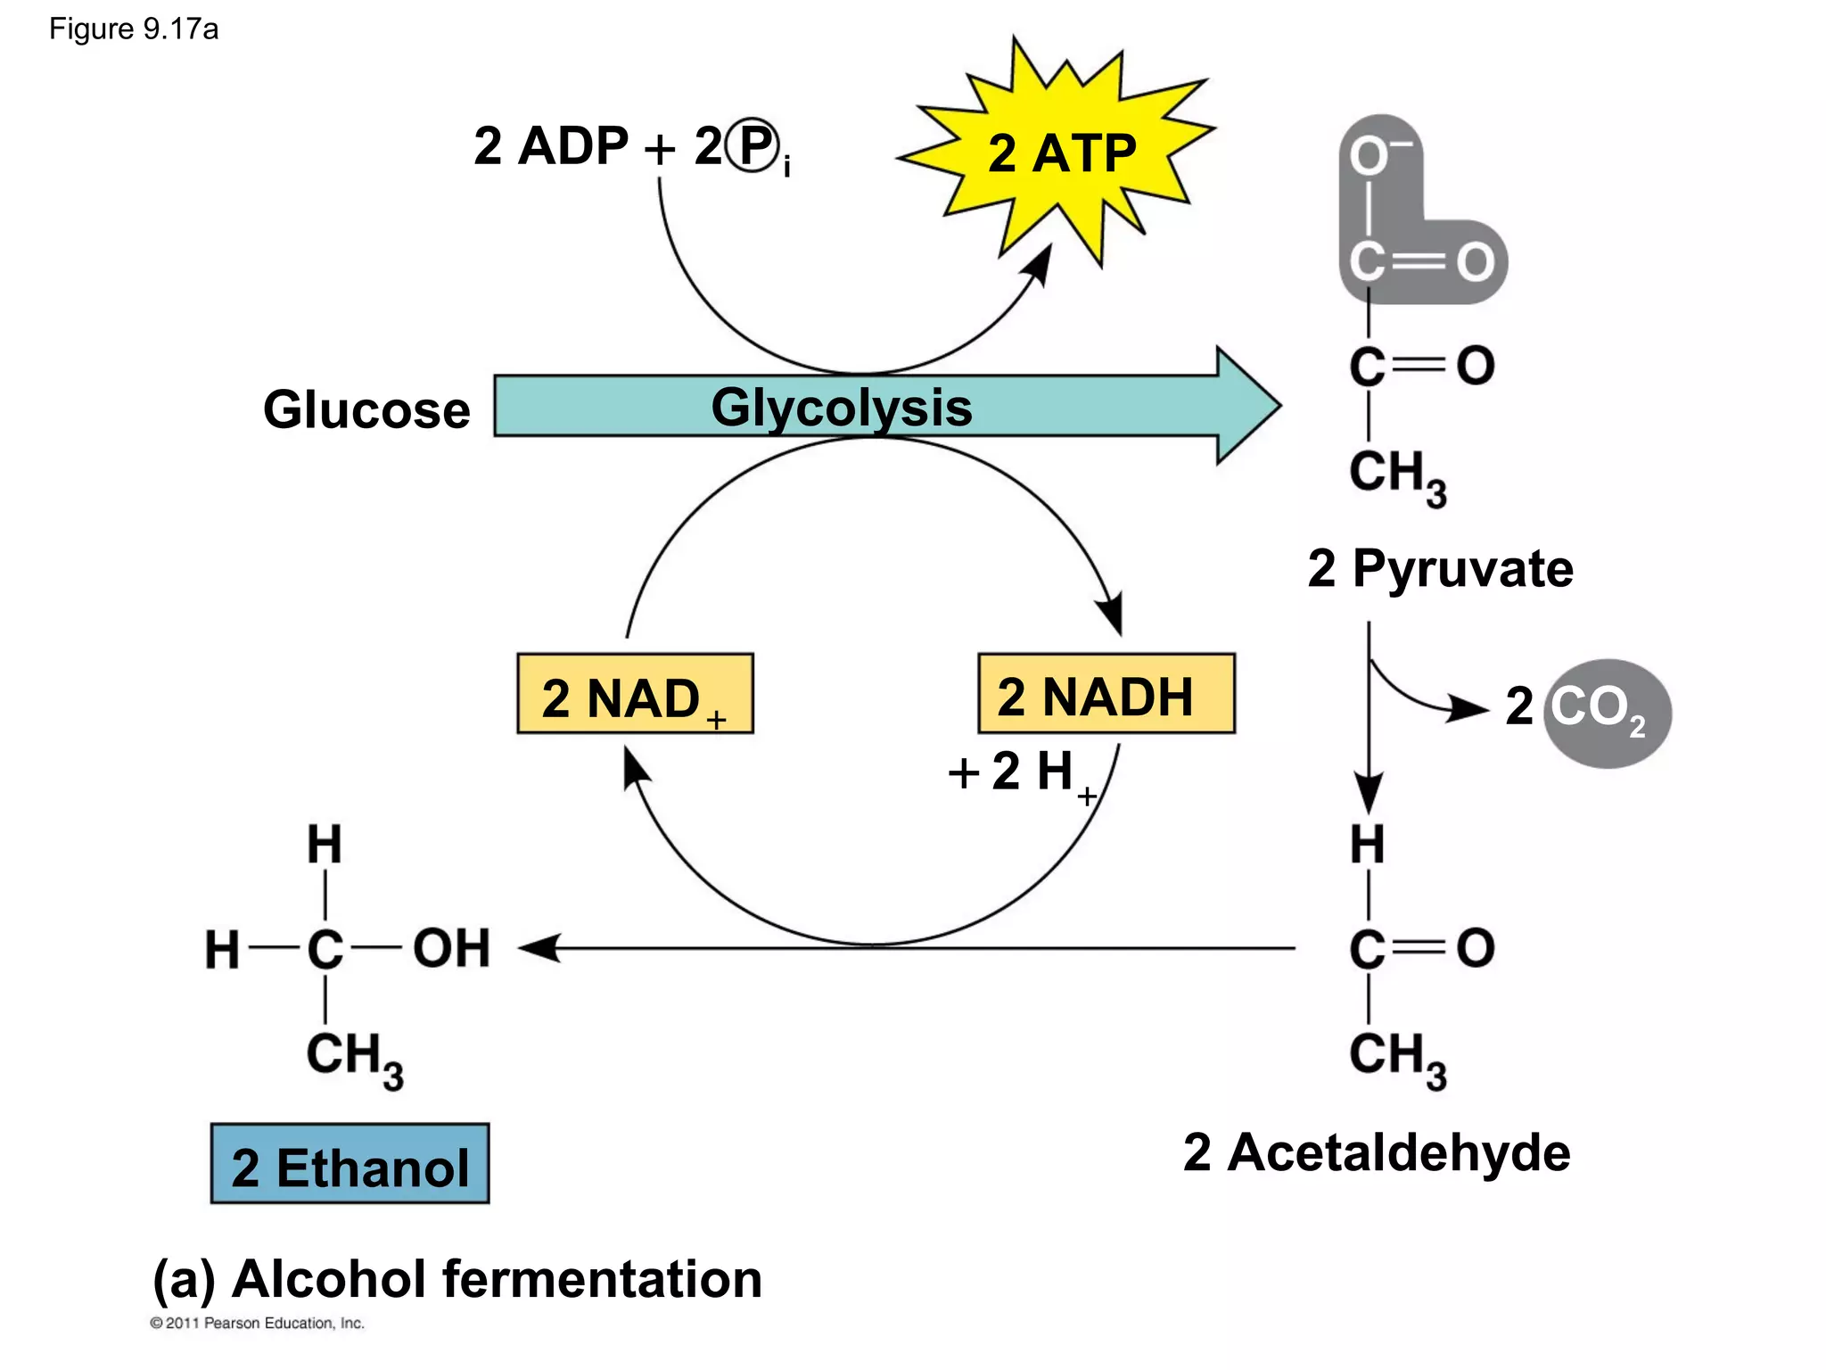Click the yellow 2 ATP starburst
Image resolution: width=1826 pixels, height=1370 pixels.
(x=1061, y=153)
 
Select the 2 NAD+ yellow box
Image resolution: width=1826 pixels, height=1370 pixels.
(x=635, y=695)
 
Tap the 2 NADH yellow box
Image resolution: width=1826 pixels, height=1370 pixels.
(x=1106, y=695)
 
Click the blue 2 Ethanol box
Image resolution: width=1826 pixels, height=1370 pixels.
(x=350, y=1165)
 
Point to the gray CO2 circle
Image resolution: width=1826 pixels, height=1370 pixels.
(x=1607, y=713)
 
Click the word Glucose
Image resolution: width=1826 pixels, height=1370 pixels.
(x=366, y=409)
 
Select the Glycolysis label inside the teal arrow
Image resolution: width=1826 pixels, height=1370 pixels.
(x=841, y=408)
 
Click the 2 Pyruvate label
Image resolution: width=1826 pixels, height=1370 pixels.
(x=1440, y=568)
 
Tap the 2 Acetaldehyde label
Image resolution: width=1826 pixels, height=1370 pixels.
(x=1377, y=1151)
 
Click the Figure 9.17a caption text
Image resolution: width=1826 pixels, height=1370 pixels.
(x=134, y=29)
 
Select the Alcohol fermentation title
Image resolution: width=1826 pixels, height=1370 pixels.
(x=457, y=1278)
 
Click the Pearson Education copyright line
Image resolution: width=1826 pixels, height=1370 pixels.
(x=257, y=1323)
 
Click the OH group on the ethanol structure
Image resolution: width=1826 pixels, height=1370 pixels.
(x=451, y=947)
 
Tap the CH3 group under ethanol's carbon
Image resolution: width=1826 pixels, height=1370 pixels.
(x=353, y=1058)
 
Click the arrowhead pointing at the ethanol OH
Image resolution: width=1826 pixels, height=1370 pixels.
(x=539, y=947)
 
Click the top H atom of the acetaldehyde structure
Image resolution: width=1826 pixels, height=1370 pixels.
(x=1367, y=844)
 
